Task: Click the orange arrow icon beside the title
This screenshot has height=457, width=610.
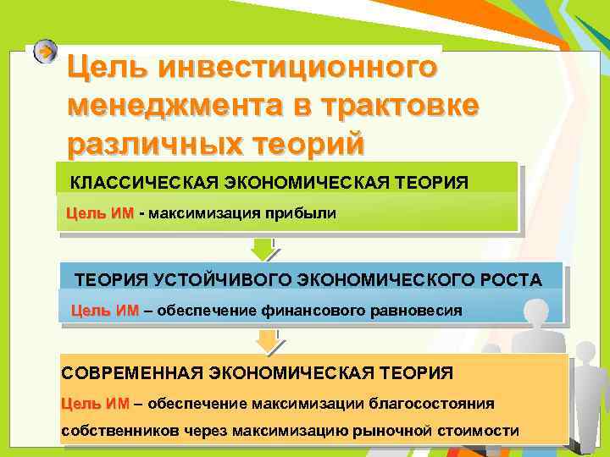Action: pos(46,52)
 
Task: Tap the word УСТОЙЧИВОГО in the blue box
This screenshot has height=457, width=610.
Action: pos(220,280)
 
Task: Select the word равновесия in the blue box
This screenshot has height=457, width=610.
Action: pos(418,311)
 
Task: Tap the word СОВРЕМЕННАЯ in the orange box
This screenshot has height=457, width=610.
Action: pos(129,372)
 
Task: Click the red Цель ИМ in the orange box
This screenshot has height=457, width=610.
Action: pos(95,403)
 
